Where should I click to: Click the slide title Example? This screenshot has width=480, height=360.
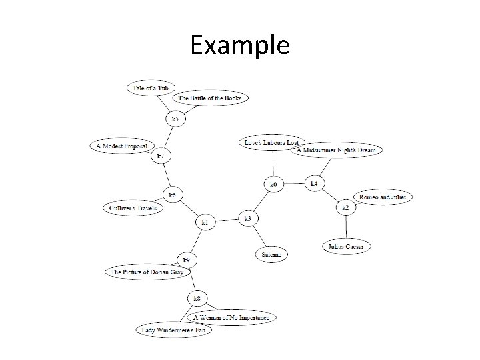pyautogui.click(x=240, y=45)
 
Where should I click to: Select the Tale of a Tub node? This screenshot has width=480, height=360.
pyautogui.click(x=153, y=89)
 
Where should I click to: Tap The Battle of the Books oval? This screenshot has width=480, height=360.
pyautogui.click(x=210, y=98)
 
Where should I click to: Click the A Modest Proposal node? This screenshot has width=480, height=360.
pyautogui.click(x=125, y=145)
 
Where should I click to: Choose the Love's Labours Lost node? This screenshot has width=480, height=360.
pyautogui.click(x=273, y=142)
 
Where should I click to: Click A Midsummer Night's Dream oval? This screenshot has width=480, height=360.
pyautogui.click(x=337, y=150)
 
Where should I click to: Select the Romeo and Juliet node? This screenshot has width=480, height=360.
pyautogui.click(x=382, y=197)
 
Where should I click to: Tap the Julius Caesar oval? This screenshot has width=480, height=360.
pyautogui.click(x=346, y=247)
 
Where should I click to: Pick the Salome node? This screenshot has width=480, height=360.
pyautogui.click(x=270, y=254)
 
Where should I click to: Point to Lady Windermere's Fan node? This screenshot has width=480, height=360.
pyautogui.click(x=173, y=329)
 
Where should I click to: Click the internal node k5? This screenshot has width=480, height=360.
pyautogui.click(x=175, y=119)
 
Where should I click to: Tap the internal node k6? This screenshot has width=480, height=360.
pyautogui.click(x=172, y=195)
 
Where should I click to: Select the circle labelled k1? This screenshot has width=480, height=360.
pyautogui.click(x=205, y=221)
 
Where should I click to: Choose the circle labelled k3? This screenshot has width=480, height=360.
pyautogui.click(x=248, y=218)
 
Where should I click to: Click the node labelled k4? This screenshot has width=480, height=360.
pyautogui.click(x=315, y=182)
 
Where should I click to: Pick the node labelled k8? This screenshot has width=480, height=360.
pyautogui.click(x=197, y=297)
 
